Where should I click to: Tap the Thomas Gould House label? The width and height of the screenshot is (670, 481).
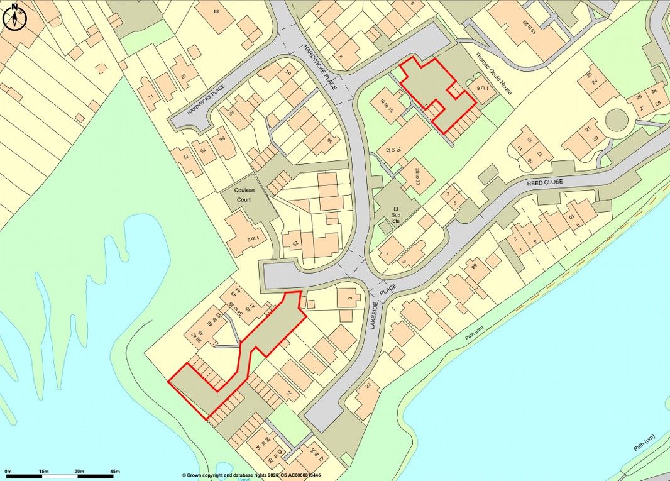point(493,73)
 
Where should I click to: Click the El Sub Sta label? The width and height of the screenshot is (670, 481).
point(396,214)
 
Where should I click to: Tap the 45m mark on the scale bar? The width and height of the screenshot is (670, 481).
point(114,471)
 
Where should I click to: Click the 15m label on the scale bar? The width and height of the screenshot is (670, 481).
point(43,471)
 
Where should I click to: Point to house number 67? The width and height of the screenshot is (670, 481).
point(184,76)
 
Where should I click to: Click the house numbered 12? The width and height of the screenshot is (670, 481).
point(288,394)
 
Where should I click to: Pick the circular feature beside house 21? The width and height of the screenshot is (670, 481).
point(617,119)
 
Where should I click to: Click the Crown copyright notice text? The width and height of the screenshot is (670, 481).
point(251,476)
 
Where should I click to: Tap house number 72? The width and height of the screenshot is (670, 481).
point(186,154)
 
